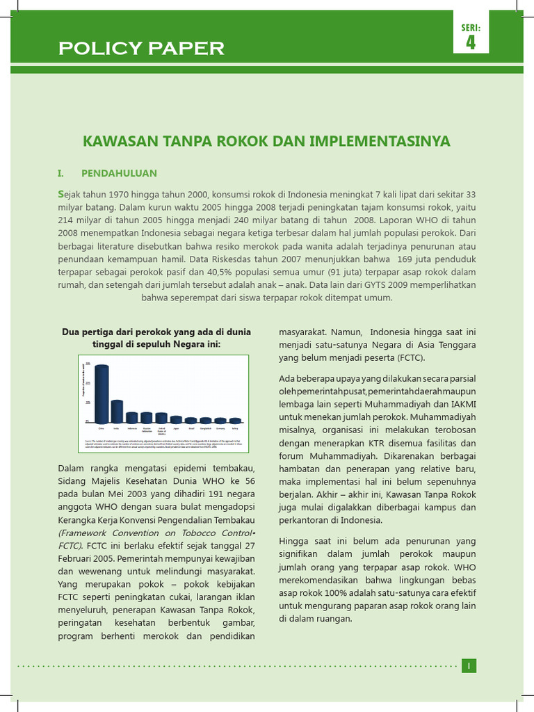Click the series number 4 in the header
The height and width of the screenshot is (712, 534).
click(471, 42)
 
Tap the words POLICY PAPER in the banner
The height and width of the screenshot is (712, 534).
click(141, 49)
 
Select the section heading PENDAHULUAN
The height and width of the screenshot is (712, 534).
click(119, 173)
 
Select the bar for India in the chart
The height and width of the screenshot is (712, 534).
click(117, 411)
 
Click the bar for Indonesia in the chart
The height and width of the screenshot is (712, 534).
click(132, 417)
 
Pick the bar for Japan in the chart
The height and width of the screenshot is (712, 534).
click(176, 419)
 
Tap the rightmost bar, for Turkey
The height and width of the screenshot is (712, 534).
click(235, 420)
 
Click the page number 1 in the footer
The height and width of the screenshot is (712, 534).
click(469, 666)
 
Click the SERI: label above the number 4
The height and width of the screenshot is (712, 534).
click(471, 28)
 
